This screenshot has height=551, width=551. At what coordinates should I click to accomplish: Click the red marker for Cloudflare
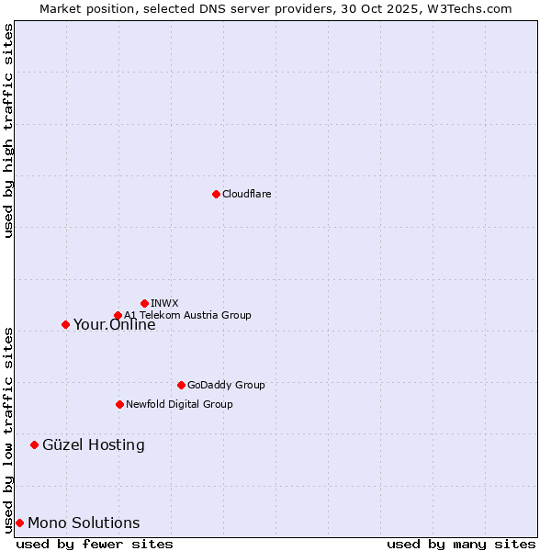coord(216,194)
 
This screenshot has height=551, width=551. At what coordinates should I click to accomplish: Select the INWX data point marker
coord(145,303)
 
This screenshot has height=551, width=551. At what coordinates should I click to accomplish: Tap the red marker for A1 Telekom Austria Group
coord(118,316)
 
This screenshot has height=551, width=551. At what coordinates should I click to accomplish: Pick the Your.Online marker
coord(65,324)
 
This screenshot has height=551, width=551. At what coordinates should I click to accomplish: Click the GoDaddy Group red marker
coord(181,385)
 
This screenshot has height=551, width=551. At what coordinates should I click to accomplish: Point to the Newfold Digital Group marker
coord(119,404)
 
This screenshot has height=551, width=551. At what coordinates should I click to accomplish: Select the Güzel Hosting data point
coord(34,444)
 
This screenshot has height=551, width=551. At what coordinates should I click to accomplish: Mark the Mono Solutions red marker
coord(19,523)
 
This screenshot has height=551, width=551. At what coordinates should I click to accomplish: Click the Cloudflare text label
coord(246,194)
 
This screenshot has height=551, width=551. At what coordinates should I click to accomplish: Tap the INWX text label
coord(165,303)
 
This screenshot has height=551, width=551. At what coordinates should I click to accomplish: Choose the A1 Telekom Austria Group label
coord(187,315)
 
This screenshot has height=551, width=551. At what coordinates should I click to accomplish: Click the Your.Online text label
coord(115,324)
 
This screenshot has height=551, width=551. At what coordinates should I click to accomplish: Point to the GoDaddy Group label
coord(226,385)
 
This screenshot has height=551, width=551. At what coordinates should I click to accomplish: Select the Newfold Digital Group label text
coord(179,404)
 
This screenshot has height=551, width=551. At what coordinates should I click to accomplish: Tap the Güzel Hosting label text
coord(94,444)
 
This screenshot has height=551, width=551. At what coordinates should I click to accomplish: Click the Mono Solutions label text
coord(84,523)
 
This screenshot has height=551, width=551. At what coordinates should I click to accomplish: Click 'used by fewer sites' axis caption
coord(95,544)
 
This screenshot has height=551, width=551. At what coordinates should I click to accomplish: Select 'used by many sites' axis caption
coord(461,544)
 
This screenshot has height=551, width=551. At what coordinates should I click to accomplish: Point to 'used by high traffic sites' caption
coord(9,130)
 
